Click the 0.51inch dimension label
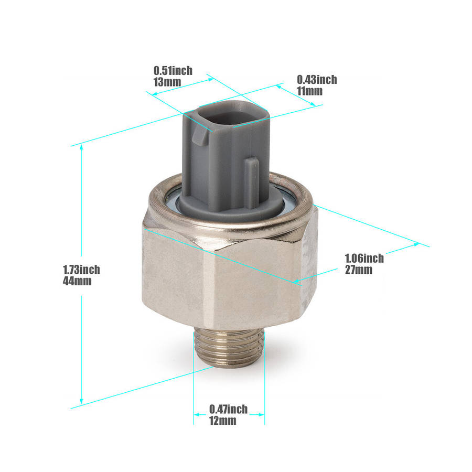(x=173, y=71)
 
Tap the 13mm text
(x=167, y=82)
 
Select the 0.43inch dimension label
(x=317, y=80)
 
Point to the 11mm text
(x=310, y=91)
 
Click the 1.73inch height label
(x=81, y=270)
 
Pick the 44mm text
(x=77, y=281)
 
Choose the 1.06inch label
(x=364, y=258)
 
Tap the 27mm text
(x=359, y=270)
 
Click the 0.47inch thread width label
(x=229, y=410)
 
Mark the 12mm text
(x=223, y=421)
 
